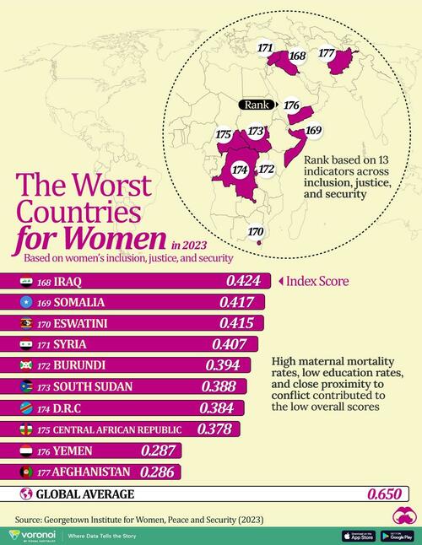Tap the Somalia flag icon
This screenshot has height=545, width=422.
27,302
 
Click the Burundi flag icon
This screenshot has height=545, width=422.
27,365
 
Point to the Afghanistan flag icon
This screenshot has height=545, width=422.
27,471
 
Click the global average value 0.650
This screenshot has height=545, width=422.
385,495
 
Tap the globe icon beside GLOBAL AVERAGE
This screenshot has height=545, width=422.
26,494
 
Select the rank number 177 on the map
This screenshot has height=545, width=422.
327,52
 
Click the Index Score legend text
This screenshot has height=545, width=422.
316,281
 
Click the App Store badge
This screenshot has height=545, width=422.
358,536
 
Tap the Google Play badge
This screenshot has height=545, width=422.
397,536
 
